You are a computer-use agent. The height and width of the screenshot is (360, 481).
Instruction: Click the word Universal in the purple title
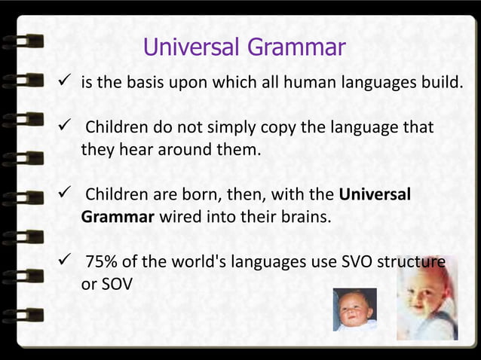click(190, 48)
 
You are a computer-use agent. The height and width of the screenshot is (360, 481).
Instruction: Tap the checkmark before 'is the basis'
click(65, 81)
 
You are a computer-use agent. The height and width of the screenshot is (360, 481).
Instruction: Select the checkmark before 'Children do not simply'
click(65, 126)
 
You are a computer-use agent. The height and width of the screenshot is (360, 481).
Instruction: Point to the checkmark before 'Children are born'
click(65, 195)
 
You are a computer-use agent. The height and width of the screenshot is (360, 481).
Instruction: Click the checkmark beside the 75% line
click(65, 263)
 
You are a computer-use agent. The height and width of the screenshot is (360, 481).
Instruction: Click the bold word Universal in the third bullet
click(375, 195)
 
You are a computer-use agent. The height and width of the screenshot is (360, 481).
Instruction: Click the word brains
click(305, 218)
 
